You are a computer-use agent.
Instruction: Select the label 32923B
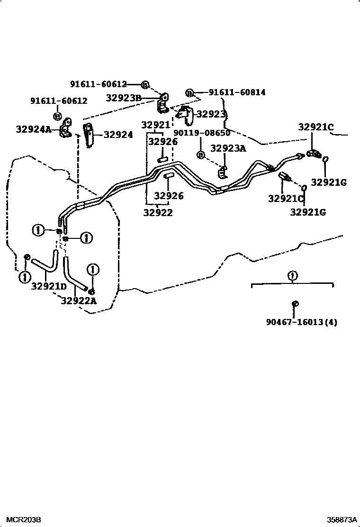click(x=123, y=98)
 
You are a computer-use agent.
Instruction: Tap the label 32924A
click(x=33, y=129)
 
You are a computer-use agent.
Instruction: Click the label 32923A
click(x=228, y=148)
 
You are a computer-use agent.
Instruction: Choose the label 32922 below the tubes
click(x=158, y=213)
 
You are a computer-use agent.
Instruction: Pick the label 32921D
click(x=49, y=286)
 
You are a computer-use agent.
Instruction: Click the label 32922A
click(x=79, y=300)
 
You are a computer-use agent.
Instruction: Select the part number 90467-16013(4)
click(x=295, y=322)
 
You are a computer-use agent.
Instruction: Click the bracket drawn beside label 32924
click(x=88, y=135)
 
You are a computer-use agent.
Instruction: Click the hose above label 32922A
click(x=74, y=275)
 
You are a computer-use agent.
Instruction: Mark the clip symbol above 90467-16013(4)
click(x=295, y=304)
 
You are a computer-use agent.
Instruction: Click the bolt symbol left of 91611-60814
click(x=189, y=93)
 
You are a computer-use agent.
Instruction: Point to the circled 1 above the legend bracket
click(x=292, y=275)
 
